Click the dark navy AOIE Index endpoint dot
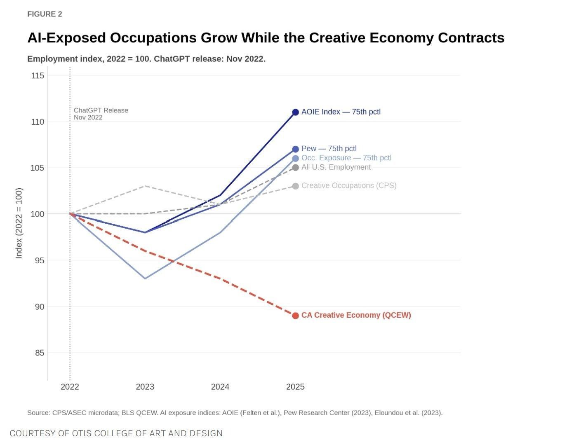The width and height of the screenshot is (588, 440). [295, 112]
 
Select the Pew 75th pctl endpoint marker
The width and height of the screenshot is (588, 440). [295, 149]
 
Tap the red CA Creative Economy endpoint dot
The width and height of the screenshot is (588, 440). [295, 316]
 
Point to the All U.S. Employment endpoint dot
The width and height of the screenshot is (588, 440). [295, 168]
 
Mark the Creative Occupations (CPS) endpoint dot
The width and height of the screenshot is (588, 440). [295, 186]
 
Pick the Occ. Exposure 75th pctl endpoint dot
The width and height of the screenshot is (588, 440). [295, 158]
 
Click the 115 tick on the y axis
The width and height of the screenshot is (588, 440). [38, 75]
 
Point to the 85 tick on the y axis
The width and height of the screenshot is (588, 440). [39, 353]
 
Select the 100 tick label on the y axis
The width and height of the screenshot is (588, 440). [38, 214]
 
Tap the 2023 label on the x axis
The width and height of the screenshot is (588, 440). [145, 386]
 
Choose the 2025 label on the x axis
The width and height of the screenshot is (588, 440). [295, 386]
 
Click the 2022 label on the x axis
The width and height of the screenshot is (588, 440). [70, 386]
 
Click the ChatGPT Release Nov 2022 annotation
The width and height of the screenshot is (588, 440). [101, 114]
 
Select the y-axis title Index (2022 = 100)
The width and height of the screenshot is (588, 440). [19, 223]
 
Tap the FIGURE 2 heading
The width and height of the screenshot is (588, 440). [45, 14]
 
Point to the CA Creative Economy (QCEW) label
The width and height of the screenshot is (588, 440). [356, 315]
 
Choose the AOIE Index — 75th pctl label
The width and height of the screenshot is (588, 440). [341, 112]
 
